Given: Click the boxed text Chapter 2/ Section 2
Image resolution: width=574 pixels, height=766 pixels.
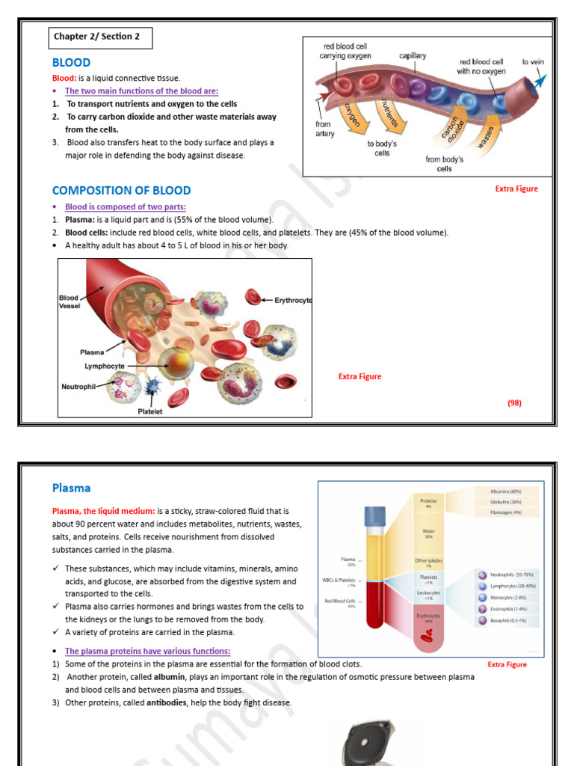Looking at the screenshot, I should click(97, 37).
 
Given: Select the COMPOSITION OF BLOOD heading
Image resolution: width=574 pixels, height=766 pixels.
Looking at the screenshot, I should click(121, 191).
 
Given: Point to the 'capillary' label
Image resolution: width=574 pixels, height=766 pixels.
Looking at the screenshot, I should click(413, 56).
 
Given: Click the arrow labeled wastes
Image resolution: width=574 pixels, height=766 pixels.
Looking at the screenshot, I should click(487, 134).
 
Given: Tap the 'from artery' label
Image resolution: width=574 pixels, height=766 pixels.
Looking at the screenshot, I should click(323, 129).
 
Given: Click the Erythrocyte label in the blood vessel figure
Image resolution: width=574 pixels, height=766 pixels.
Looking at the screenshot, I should click(292, 300).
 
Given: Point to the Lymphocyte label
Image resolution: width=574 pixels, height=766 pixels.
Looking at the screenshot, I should click(105, 366).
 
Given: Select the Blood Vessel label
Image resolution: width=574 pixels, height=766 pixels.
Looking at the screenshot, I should click(69, 301).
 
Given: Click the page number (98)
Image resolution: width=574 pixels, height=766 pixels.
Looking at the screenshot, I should click(514, 402).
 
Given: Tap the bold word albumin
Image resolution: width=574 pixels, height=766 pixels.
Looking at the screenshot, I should click(170, 677).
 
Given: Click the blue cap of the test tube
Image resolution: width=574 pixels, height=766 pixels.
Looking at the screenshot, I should click(374, 517).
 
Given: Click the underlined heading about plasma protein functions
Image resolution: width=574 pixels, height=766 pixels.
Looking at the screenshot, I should click(147, 652).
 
